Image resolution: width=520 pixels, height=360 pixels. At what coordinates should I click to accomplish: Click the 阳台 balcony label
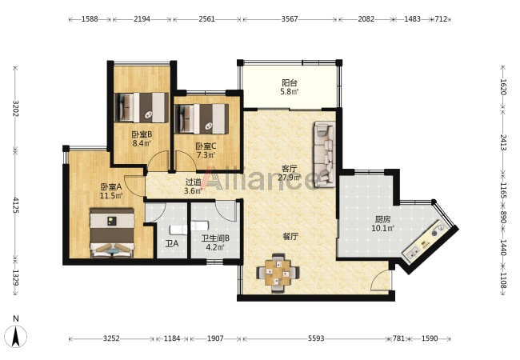point(289,82)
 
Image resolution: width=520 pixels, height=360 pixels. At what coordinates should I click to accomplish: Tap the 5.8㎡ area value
point(290,92)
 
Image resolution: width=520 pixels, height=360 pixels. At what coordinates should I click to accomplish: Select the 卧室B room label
point(142,134)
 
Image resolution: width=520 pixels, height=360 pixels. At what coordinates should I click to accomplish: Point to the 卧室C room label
point(206,146)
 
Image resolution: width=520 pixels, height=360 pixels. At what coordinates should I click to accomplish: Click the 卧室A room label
point(111,186)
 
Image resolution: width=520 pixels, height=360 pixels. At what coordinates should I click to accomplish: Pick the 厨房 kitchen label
point(382,219)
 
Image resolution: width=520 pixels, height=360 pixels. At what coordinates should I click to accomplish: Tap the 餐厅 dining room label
point(290,236)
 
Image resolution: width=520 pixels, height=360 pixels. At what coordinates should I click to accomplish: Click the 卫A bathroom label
point(172,244)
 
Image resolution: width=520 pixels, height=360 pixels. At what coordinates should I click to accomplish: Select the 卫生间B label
point(215,238)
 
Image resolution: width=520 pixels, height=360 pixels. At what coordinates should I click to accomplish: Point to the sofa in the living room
point(325,154)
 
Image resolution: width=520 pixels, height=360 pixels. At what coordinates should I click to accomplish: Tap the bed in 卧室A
point(113,233)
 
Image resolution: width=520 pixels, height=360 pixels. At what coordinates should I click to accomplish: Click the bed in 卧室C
point(202,118)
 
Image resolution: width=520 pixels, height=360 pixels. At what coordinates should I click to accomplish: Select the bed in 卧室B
point(141,107)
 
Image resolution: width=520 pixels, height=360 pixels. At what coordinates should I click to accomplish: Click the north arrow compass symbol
point(16,335)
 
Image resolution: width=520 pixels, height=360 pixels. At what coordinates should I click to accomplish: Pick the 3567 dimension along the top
point(290,19)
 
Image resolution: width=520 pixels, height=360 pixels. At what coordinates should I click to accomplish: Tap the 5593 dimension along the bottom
point(316,338)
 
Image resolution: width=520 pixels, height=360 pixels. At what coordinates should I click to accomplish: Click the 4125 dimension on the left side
point(15,206)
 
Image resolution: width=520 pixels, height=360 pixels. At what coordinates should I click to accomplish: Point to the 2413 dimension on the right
point(503,142)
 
